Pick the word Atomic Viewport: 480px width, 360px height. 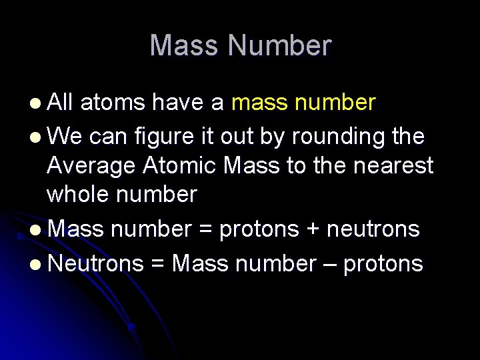click(177, 165)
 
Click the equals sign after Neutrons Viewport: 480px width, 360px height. click(158, 264)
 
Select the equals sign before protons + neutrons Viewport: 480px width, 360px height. click(205, 229)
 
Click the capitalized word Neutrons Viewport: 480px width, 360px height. click(96, 263)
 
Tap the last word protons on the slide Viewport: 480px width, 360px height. click(383, 265)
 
